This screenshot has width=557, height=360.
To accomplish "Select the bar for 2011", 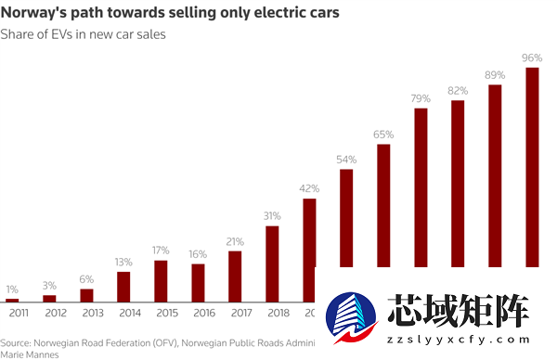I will click(12, 300).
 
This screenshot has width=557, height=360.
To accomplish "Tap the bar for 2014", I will click(123, 287).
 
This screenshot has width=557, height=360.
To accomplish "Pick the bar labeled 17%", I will click(161, 281).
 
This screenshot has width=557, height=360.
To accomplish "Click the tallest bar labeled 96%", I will click(532, 167).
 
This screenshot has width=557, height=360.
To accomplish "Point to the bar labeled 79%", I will click(421, 186).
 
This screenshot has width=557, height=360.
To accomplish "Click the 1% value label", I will click(12, 289).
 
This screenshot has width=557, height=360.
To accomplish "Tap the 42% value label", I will click(309, 188).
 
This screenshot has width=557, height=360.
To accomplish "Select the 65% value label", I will click(383, 135).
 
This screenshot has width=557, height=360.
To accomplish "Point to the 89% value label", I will click(495, 74).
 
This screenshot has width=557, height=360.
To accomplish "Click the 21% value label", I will click(235, 241).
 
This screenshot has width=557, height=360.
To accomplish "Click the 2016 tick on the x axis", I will click(198, 313).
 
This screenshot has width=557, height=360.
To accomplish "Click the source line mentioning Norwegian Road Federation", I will click(158, 341).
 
